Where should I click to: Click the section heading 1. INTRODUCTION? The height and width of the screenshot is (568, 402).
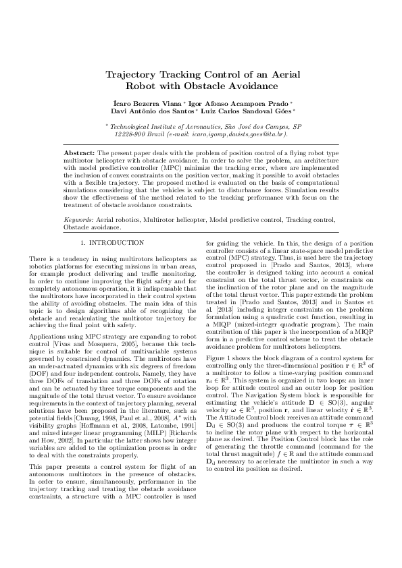112,242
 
